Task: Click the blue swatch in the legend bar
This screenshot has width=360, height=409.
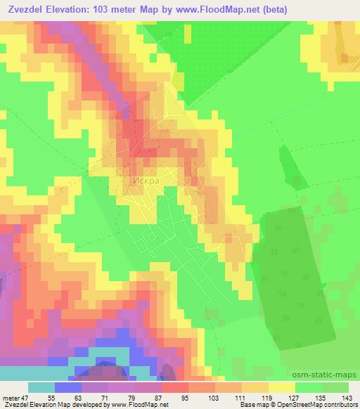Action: [68, 387]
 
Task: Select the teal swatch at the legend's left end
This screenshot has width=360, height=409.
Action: [41, 387]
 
